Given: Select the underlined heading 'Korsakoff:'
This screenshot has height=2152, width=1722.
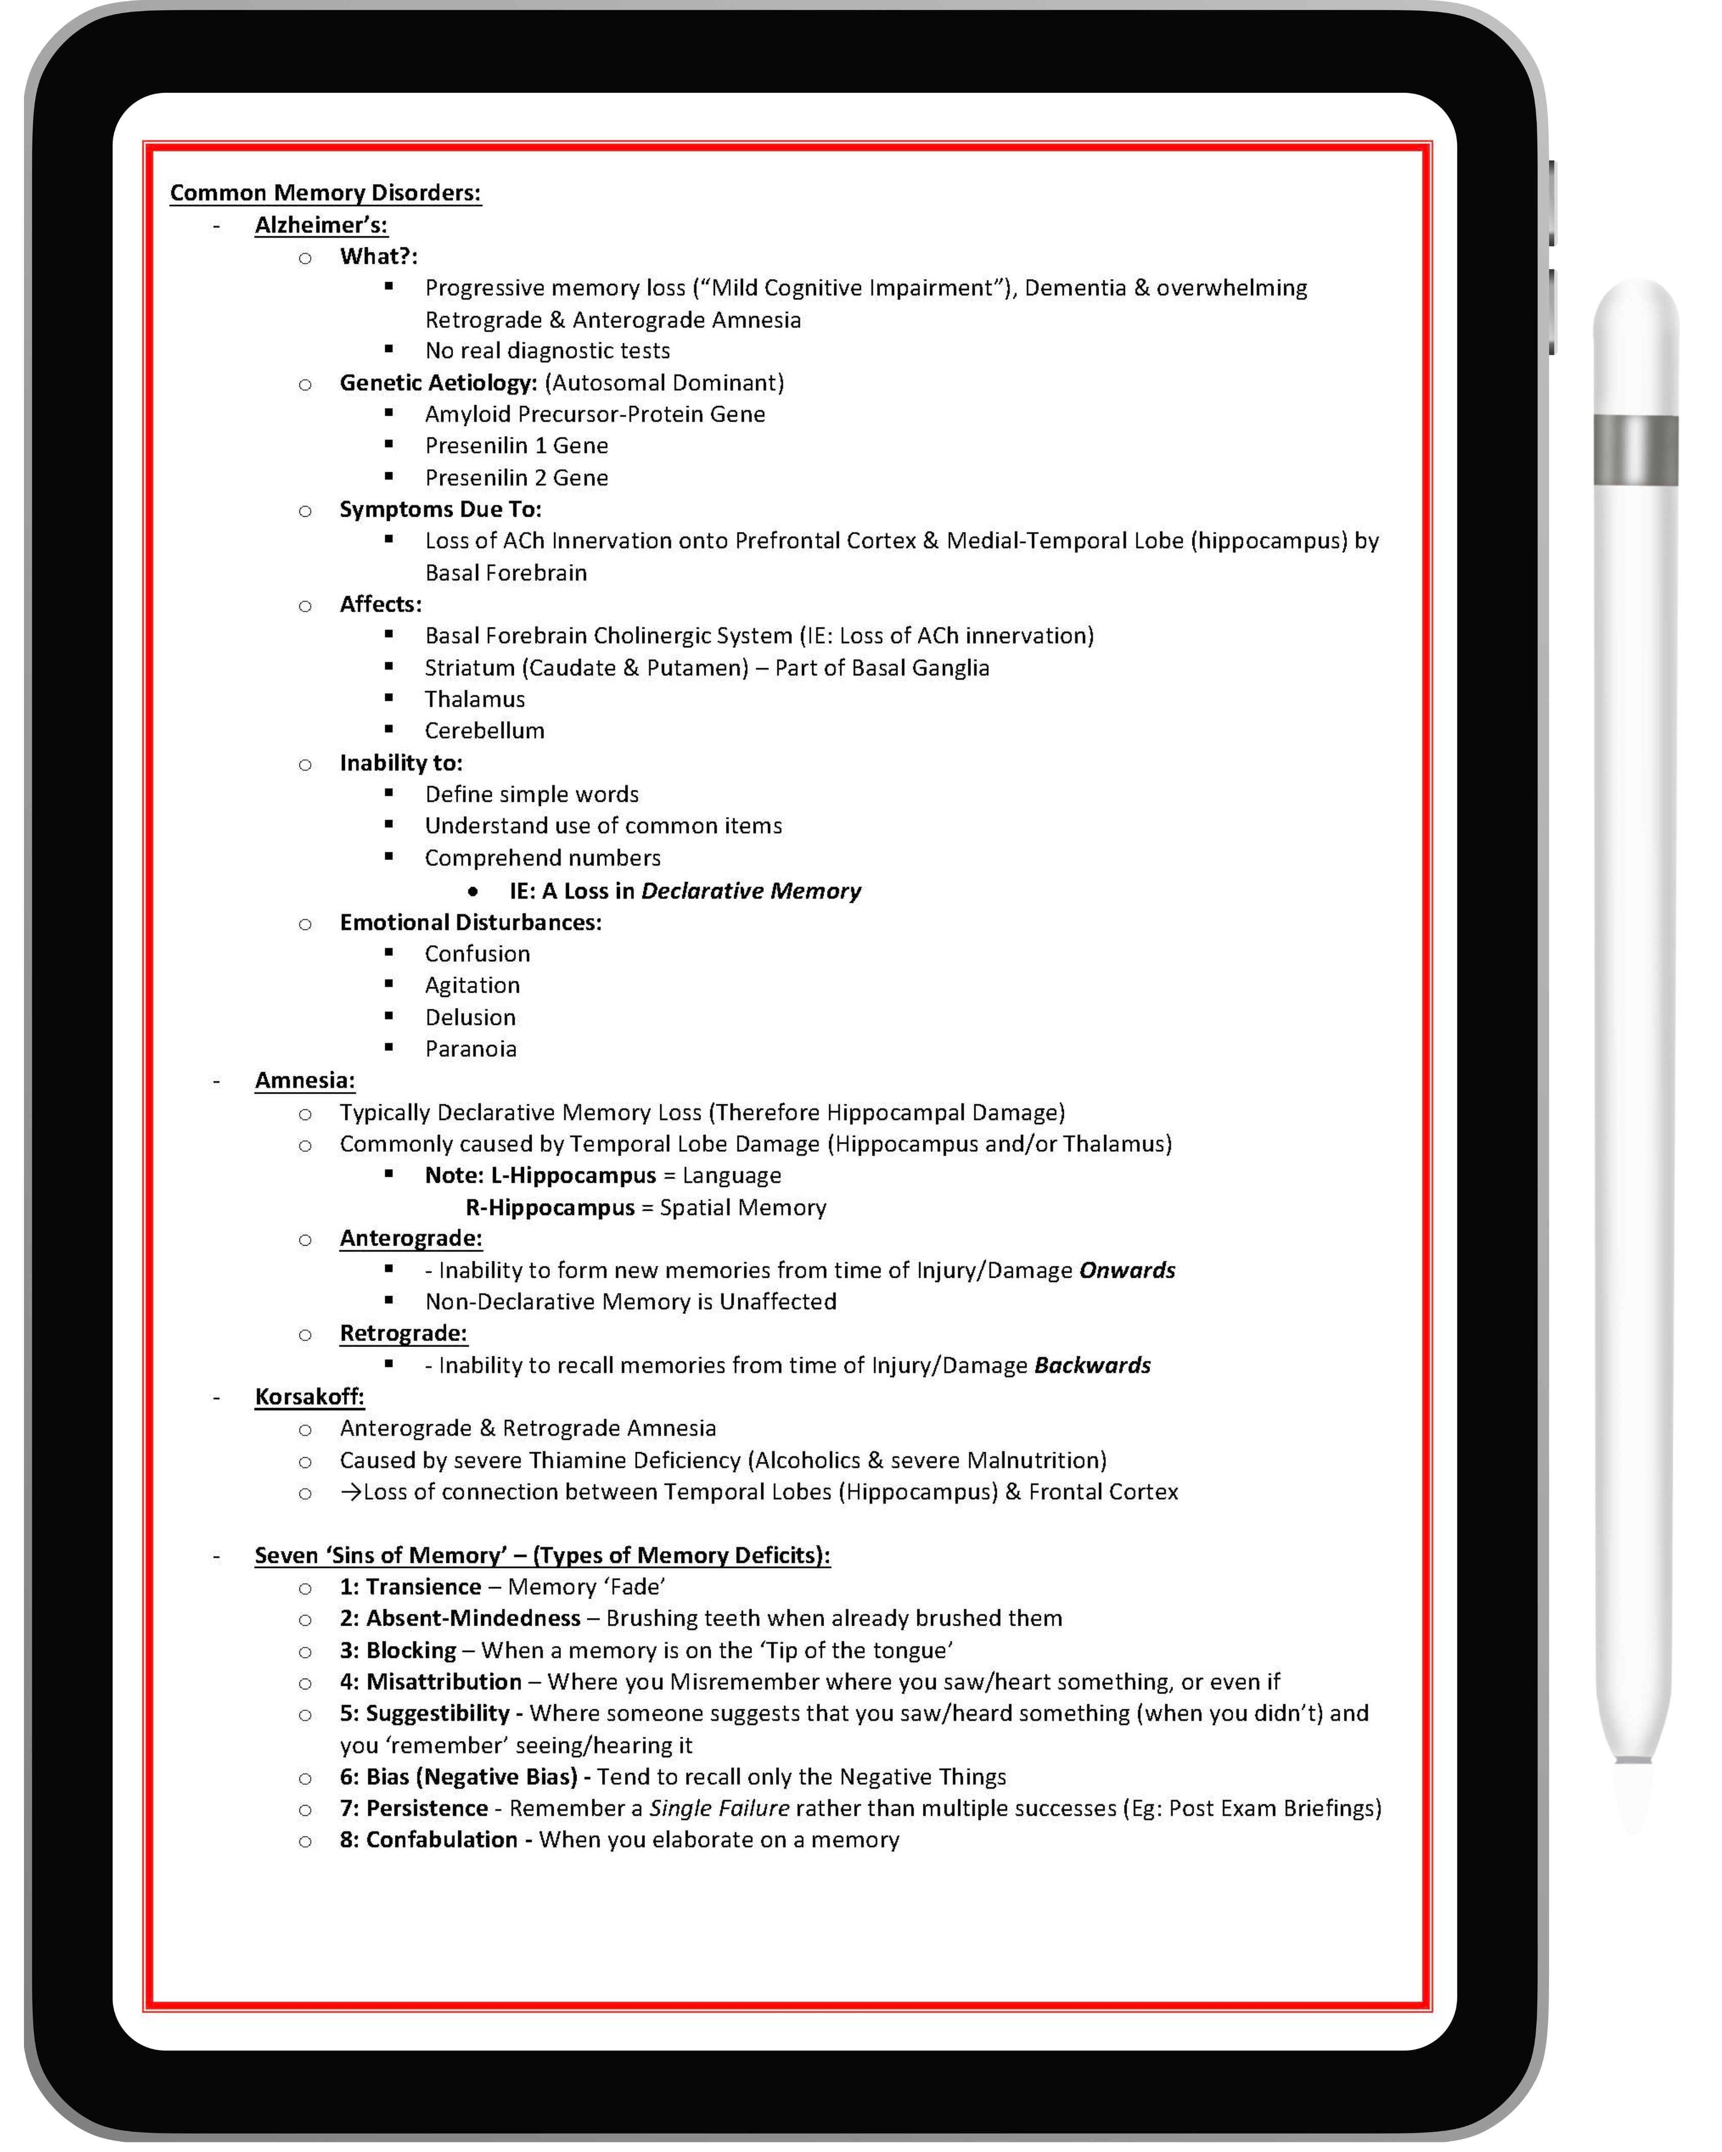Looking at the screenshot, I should pyautogui.click(x=310, y=1397).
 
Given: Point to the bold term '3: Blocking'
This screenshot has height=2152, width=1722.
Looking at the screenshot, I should pyautogui.click(x=397, y=1650).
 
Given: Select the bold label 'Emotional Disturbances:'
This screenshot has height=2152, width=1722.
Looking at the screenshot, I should pyautogui.click(x=470, y=922).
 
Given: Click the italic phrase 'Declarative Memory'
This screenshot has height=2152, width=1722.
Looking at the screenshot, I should pyautogui.click(x=751, y=891).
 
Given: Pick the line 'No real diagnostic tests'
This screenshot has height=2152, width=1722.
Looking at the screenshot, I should pyautogui.click(x=547, y=350).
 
